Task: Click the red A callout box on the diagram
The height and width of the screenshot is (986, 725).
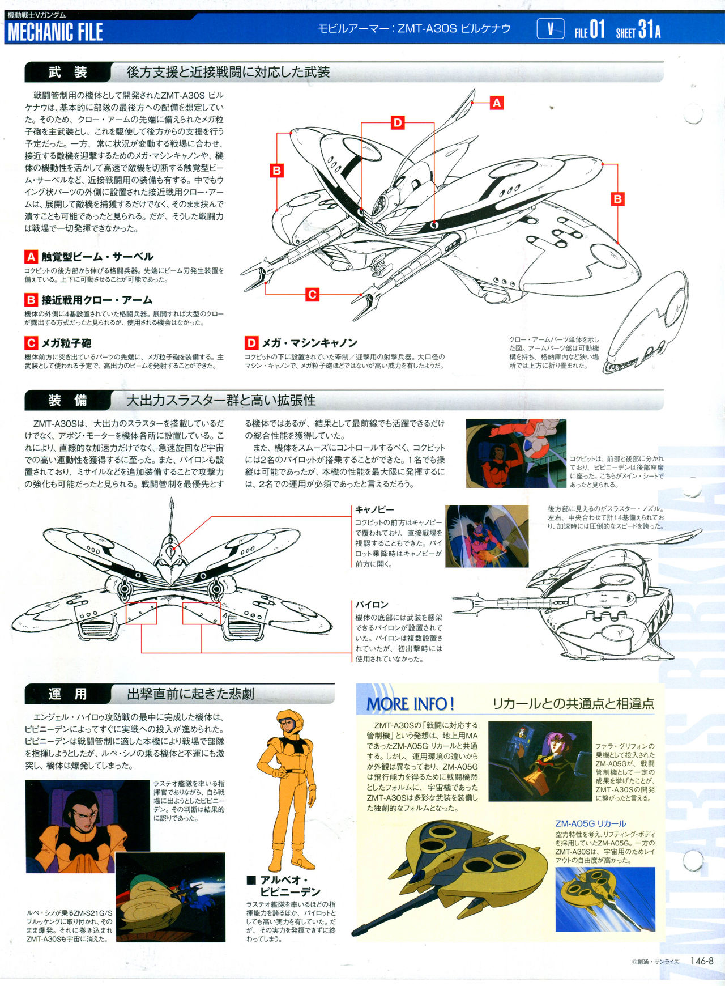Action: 497,103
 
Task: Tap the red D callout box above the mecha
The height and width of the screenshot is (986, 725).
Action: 398,123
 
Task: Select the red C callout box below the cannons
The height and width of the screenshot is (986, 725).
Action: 312,295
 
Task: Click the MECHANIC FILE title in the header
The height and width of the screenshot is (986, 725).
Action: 55,32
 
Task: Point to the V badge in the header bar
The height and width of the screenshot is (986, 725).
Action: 550,29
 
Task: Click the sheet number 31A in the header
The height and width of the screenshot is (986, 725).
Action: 649,29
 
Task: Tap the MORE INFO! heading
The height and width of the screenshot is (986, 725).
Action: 411,704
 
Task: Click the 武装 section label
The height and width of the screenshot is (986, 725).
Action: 67,73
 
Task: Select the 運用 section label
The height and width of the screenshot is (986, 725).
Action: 67,694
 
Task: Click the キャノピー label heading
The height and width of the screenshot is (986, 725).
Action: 374,510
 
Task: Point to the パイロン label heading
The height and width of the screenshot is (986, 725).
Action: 372,605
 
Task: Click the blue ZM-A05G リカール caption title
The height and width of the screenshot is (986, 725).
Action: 591,823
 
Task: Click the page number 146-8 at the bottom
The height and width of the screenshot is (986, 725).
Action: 702,961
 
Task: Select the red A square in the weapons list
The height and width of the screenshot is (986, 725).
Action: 31,257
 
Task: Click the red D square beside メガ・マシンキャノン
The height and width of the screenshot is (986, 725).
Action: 251,343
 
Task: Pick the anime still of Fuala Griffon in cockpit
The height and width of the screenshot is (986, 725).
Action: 540,761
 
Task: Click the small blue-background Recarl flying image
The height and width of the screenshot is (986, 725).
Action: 605,899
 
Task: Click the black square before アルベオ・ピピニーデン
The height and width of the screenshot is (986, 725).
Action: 251,880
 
